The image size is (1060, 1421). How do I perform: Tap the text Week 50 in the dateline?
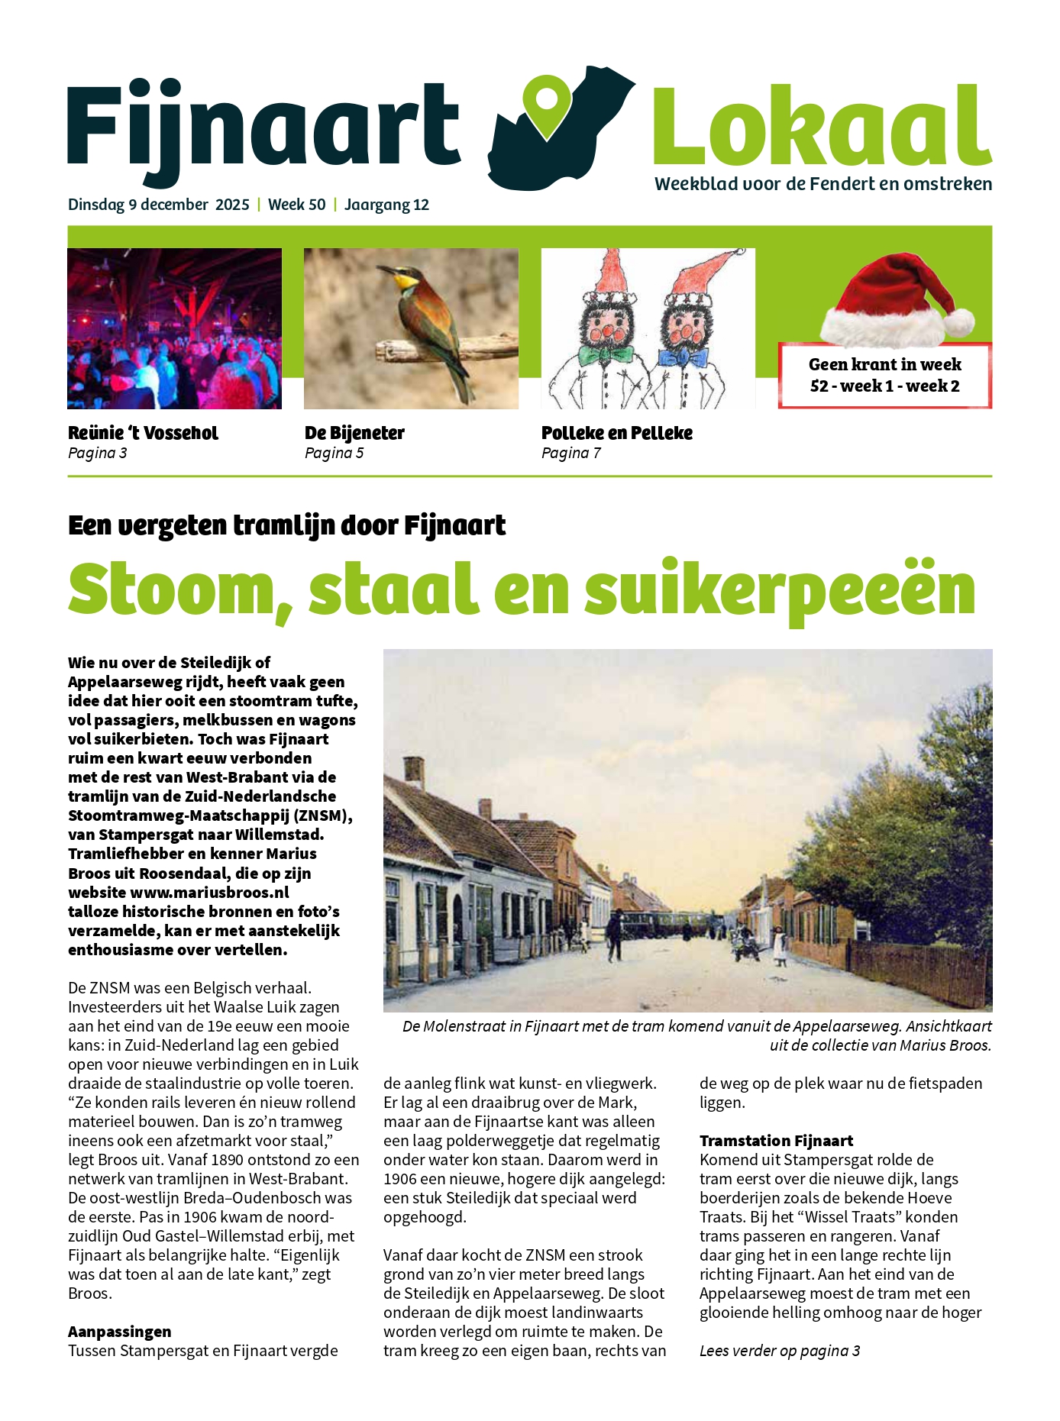pyautogui.click(x=296, y=205)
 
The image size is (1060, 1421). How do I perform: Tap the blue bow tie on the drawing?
pyautogui.click(x=684, y=357)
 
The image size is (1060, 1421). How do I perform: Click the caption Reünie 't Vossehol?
pyautogui.click(x=143, y=433)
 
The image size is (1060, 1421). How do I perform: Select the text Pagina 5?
pyautogui.click(x=334, y=454)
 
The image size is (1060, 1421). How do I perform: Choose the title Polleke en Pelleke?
pyautogui.click(x=616, y=433)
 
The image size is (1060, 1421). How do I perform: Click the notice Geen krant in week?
pyautogui.click(x=884, y=365)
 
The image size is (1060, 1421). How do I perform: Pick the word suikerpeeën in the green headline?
pyautogui.click(x=780, y=589)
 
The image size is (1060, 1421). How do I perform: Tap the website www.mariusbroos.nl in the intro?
pyautogui.click(x=209, y=892)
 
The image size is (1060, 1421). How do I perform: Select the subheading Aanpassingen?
pyautogui.click(x=119, y=1332)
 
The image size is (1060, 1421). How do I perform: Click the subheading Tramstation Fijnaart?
pyautogui.click(x=776, y=1141)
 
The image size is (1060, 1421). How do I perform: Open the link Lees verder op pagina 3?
pyautogui.click(x=779, y=1351)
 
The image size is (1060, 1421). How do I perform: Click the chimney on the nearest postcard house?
pyautogui.click(x=414, y=771)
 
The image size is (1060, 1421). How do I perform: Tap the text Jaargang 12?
pyautogui.click(x=386, y=205)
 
